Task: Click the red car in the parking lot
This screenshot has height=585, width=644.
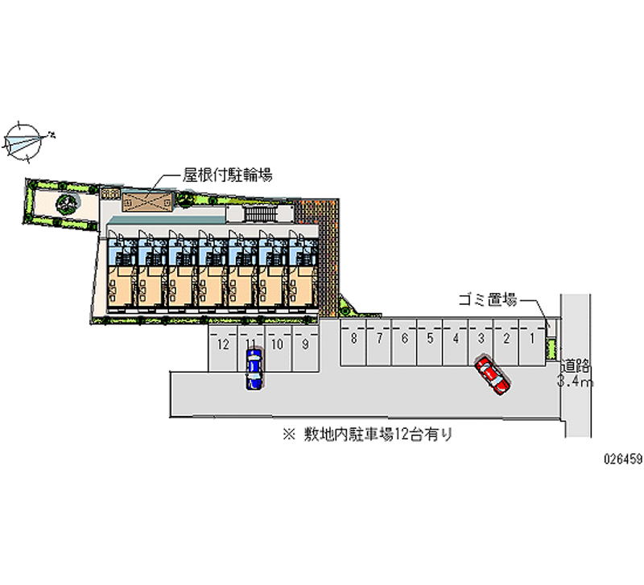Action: pyautogui.click(x=492, y=376)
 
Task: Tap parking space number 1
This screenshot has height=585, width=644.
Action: pyautogui.click(x=531, y=340)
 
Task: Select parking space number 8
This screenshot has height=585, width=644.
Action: pyautogui.click(x=354, y=340)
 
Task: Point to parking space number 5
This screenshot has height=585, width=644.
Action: pyautogui.click(x=431, y=340)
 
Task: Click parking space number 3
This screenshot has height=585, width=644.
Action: pyautogui.click(x=481, y=340)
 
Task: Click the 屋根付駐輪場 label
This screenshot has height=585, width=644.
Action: pyautogui.click(x=227, y=175)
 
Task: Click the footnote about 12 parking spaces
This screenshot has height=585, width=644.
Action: pyautogui.click(x=367, y=435)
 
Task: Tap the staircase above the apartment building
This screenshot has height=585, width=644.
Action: pyautogui.click(x=259, y=213)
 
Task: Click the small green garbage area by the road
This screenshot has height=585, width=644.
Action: pyautogui.click(x=552, y=348)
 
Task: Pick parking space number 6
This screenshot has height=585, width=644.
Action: pyautogui.click(x=405, y=340)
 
